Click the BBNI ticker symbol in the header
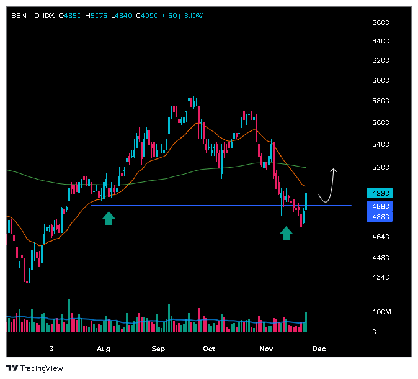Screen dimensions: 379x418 click(x=19, y=15)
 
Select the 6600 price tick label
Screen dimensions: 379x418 click(x=380, y=22)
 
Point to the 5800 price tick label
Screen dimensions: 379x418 click(x=380, y=101)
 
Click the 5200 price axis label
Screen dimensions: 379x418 click(x=380, y=168)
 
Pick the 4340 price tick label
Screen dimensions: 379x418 click(x=380, y=277)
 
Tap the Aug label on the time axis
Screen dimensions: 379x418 click(x=104, y=349)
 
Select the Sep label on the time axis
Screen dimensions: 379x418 click(x=158, y=349)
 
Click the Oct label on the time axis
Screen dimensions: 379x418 click(x=209, y=349)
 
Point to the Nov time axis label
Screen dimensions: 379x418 click(x=266, y=349)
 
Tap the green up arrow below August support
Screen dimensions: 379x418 click(x=109, y=217)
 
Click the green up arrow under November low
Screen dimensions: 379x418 click(x=286, y=232)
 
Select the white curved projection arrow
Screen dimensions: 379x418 click(x=327, y=186)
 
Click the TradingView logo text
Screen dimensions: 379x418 click(x=42, y=368)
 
